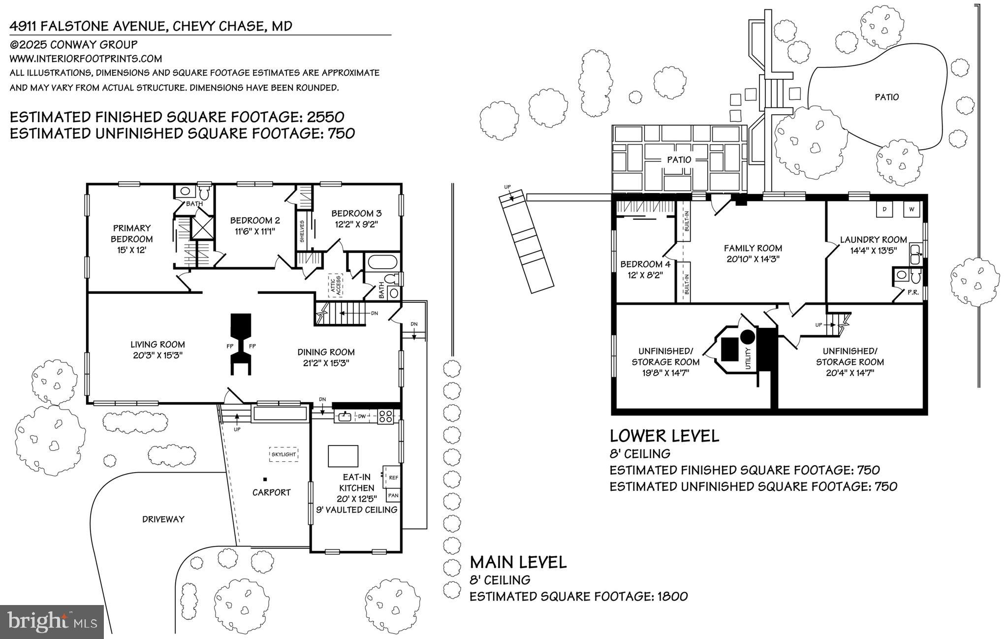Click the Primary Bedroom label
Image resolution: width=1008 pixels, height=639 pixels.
point(132,233)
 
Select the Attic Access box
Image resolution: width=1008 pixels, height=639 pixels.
point(336,285)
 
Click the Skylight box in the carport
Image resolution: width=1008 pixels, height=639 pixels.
point(283,454)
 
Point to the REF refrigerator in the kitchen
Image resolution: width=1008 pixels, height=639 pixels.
point(393,478)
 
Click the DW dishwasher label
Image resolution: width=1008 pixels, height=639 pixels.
point(362,416)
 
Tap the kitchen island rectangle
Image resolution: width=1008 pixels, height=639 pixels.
point(343,455)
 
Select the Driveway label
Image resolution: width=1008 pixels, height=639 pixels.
point(163,519)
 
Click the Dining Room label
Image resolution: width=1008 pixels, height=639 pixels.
point(326,352)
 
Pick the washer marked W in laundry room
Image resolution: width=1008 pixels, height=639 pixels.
point(912,210)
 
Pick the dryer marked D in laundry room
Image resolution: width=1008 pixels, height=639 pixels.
point(884,210)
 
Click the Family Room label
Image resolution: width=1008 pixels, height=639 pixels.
point(753,248)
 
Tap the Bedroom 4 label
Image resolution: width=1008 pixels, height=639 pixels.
point(645,264)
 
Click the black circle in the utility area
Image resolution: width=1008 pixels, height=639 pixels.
point(748,337)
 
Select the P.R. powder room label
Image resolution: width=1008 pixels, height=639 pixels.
point(913,292)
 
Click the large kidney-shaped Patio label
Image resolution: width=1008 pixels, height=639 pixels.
point(886,97)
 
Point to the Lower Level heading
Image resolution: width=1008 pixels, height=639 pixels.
point(664,436)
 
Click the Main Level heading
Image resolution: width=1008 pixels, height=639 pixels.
point(518,562)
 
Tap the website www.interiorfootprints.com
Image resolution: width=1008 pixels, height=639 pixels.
point(86,59)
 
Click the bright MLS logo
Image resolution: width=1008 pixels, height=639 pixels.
point(52,621)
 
